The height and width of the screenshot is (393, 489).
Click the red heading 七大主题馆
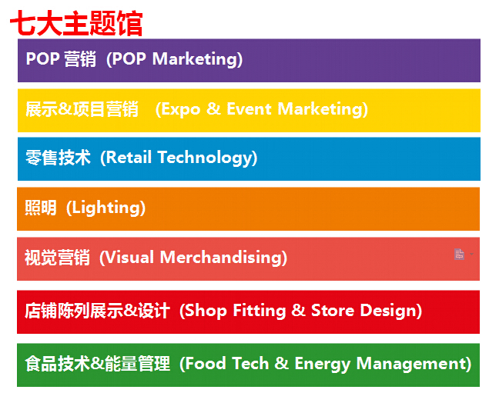tap(76, 23)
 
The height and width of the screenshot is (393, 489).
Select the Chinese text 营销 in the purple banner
tap(80, 59)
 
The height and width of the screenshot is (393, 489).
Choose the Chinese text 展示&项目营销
tap(82, 109)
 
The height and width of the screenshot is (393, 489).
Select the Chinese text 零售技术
tap(58, 157)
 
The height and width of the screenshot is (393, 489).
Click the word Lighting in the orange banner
tap(106, 208)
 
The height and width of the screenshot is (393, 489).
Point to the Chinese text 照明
tap(41, 208)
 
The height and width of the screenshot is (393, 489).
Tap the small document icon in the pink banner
tap(459, 254)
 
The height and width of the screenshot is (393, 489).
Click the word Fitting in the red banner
tap(260, 311)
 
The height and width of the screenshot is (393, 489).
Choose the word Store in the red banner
tap(333, 311)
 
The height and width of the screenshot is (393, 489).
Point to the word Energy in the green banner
tap(322, 364)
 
